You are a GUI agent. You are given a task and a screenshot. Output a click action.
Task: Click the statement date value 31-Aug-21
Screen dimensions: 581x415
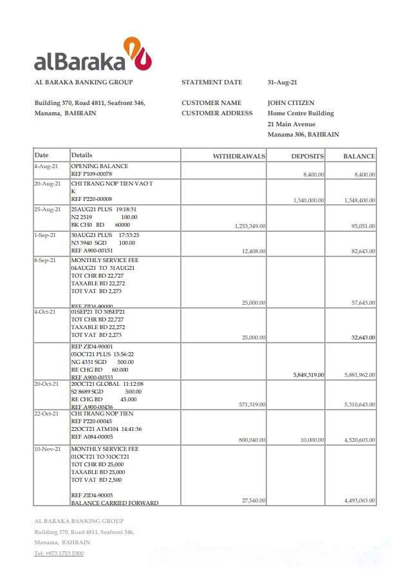click(282, 82)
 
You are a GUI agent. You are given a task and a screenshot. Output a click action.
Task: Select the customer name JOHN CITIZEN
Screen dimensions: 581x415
click(291, 103)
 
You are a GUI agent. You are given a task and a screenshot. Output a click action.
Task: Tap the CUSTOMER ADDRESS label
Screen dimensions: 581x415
click(217, 113)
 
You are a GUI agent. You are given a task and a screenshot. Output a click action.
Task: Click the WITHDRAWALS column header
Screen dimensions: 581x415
click(239, 157)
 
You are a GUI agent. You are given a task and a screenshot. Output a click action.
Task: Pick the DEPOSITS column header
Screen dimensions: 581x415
click(307, 157)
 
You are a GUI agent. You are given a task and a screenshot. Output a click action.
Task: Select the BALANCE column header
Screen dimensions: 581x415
click(358, 157)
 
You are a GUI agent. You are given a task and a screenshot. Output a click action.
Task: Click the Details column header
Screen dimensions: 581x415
click(82, 156)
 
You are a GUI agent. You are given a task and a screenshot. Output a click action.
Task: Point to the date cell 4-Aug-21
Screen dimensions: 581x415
click(46, 167)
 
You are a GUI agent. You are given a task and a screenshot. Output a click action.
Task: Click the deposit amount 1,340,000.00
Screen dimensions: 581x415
click(308, 200)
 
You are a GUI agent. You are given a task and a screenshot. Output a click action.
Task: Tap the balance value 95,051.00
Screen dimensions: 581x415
click(363, 226)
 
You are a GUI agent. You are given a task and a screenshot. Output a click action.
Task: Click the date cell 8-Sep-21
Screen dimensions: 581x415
click(46, 260)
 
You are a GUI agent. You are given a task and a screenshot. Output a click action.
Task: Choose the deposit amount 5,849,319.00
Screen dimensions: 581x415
click(308, 375)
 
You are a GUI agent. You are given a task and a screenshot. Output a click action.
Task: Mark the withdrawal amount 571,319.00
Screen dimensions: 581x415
click(252, 405)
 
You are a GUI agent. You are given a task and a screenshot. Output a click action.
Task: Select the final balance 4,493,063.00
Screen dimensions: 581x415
click(360, 500)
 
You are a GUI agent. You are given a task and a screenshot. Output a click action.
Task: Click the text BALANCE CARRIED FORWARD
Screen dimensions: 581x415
click(114, 503)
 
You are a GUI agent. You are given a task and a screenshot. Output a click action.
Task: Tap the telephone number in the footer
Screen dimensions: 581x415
click(59, 553)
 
